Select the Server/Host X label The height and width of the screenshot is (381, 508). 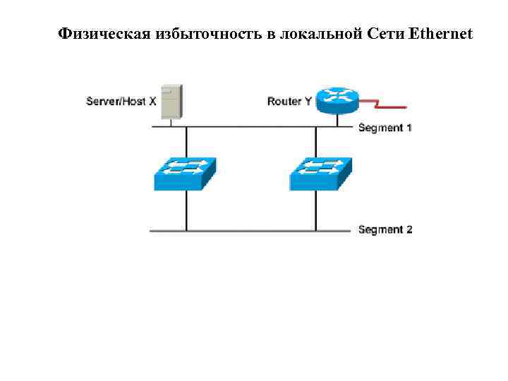coord(121,102)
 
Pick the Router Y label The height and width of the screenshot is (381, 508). coord(289,102)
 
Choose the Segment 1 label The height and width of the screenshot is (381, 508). coord(385,128)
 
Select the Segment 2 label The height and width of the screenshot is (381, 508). coord(385,229)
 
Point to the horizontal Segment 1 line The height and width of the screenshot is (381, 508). coord(247,127)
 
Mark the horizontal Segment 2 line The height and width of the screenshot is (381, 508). coord(247,231)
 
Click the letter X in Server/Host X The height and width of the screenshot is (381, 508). coord(152,102)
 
